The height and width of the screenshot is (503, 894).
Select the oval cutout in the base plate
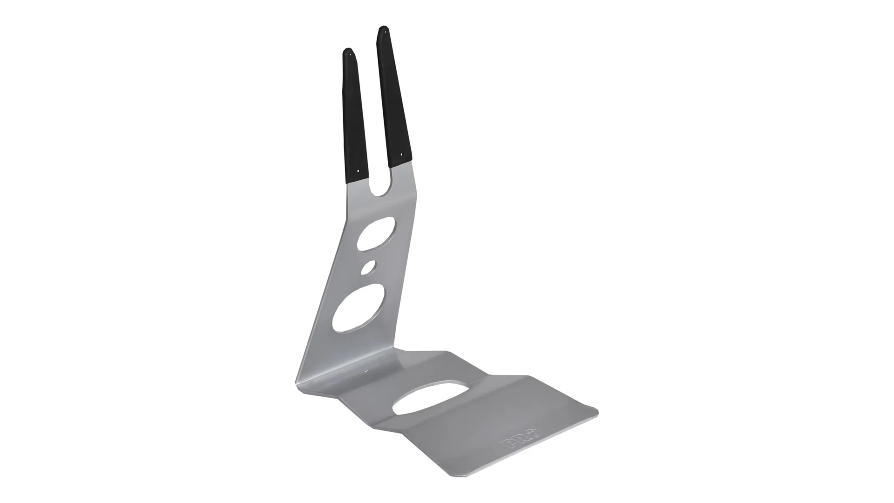(x=430, y=398)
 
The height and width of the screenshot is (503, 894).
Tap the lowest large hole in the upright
(x=359, y=308)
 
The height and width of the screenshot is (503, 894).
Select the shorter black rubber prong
(x=356, y=115)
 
